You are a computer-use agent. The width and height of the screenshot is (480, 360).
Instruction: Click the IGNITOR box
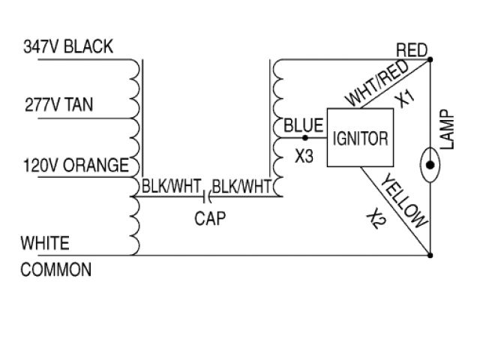(361, 138)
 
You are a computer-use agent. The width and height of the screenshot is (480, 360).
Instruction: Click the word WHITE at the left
(45, 243)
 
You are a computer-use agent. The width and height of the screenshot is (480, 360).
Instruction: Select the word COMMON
(56, 269)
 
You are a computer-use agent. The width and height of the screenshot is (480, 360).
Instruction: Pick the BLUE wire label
(303, 124)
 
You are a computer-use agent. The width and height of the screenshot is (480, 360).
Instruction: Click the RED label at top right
(411, 50)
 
